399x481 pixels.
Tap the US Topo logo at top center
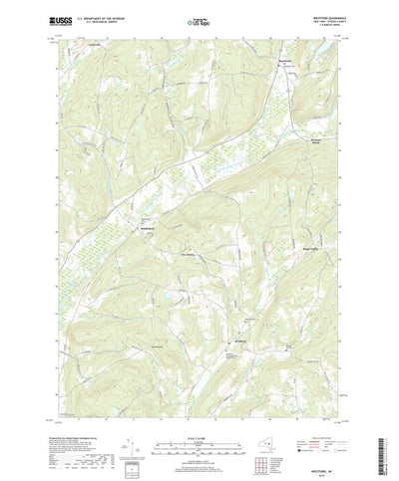[x=199, y=20]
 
